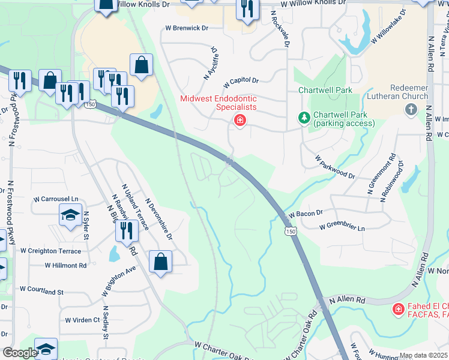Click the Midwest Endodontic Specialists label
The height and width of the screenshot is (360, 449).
click(218, 103)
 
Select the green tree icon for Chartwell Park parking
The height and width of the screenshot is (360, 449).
click(305, 118)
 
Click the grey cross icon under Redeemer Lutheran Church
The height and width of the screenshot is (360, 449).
click(411, 109)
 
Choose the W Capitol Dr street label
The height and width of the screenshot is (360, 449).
click(240, 81)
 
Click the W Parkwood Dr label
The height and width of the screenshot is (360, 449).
click(336, 167)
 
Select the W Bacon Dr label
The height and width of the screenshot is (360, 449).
click(306, 214)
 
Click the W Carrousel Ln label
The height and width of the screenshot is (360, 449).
click(56, 199)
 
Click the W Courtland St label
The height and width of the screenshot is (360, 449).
click(41, 291)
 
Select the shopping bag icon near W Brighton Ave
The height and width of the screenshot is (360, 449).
click(160, 262)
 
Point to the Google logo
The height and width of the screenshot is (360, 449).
click(20, 353)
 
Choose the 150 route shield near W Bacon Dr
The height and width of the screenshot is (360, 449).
click(291, 232)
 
